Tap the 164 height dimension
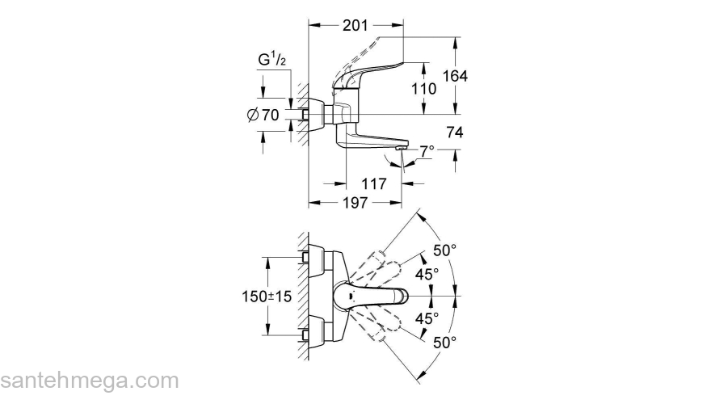tap(455, 75)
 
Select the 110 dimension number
tap(424, 89)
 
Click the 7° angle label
tap(426, 150)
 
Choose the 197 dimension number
tap(352, 203)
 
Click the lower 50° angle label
tap(444, 343)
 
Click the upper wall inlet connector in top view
tap(306, 258)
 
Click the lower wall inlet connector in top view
tap(306, 334)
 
